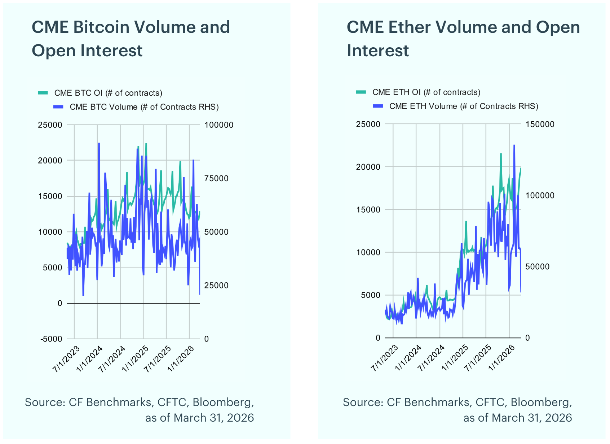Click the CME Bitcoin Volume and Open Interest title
click(x=131, y=39)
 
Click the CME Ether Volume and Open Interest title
click(x=463, y=39)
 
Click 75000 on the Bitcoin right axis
click(x=216, y=178)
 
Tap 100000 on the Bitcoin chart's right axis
click(x=218, y=125)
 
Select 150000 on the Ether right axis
click(x=540, y=124)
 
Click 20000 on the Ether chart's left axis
click(x=368, y=167)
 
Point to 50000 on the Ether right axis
click(x=537, y=267)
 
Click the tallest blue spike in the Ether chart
click(x=514, y=145)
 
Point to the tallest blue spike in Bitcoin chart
click(x=99, y=143)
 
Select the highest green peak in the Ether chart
click(x=501, y=154)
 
